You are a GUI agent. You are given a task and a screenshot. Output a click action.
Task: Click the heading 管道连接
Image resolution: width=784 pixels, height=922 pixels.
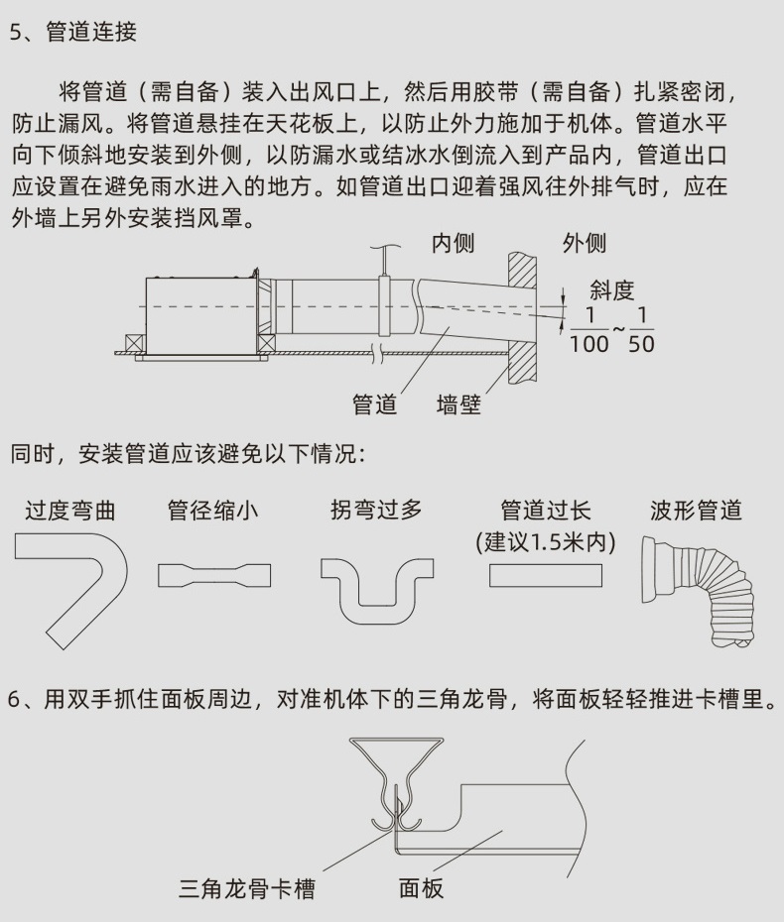pyautogui.click(x=91, y=32)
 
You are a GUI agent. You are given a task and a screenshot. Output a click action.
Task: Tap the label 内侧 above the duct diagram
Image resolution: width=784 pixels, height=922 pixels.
pyautogui.click(x=454, y=243)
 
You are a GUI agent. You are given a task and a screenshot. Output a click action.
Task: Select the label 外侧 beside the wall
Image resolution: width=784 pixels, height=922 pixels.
pyautogui.click(x=585, y=243)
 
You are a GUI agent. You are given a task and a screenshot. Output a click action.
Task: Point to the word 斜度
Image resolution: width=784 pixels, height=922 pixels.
pyautogui.click(x=612, y=290)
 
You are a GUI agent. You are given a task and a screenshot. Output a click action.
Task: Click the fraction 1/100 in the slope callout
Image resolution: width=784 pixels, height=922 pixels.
pyautogui.click(x=589, y=330)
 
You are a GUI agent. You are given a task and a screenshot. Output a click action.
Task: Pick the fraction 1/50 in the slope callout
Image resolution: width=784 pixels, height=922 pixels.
pyautogui.click(x=641, y=330)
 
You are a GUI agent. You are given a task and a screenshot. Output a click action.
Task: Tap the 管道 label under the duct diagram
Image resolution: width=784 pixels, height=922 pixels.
pyautogui.click(x=374, y=404)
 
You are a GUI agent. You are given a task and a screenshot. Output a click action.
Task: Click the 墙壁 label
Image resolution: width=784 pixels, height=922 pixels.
pyautogui.click(x=459, y=404)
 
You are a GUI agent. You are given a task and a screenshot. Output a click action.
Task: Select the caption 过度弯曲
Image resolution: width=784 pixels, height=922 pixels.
pyautogui.click(x=70, y=511)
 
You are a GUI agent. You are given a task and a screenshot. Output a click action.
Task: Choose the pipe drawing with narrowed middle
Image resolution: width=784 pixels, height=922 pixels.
pyautogui.click(x=214, y=576)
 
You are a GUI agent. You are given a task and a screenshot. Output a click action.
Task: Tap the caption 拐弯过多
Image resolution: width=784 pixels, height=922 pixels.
pyautogui.click(x=377, y=510)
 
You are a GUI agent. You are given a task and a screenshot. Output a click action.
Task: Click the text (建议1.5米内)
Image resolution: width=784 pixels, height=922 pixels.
pyautogui.click(x=546, y=542)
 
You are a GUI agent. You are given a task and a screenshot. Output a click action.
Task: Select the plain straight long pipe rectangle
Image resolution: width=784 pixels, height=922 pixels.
pyautogui.click(x=546, y=576)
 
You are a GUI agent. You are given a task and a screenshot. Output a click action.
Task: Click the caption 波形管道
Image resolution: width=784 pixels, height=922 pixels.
pyautogui.click(x=697, y=511)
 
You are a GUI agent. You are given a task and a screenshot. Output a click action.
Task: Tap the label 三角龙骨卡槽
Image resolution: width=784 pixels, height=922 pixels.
pyautogui.click(x=247, y=888)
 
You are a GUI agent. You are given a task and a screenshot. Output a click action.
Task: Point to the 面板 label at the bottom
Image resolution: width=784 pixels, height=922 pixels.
pyautogui.click(x=422, y=888)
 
